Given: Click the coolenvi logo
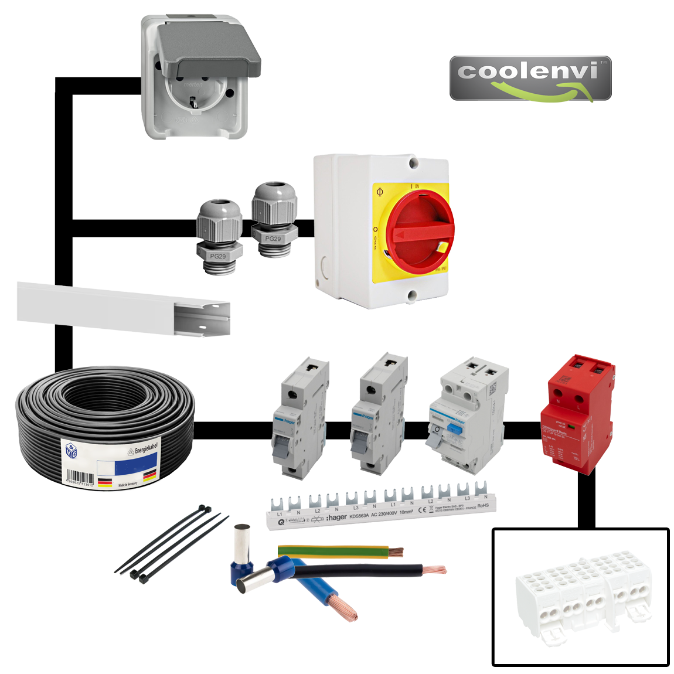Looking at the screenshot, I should (530, 79).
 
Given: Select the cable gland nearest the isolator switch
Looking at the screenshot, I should (274, 220).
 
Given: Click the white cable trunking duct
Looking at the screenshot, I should (123, 309).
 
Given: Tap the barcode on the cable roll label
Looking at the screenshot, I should (80, 476).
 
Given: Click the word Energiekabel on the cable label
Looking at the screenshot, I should (145, 448).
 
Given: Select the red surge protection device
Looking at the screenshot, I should (577, 413).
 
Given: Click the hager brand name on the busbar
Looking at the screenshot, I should (337, 518).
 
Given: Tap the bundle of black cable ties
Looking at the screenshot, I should (170, 542).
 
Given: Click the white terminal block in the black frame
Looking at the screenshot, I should (580, 595).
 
